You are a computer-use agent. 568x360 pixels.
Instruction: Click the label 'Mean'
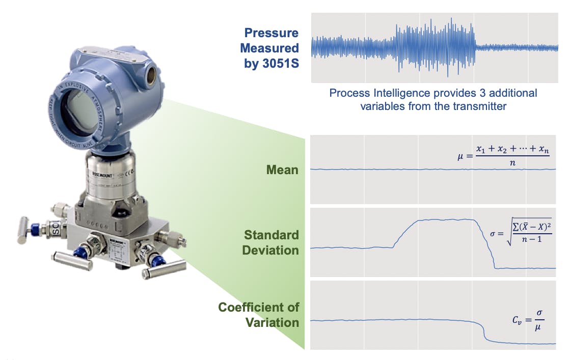[282, 170]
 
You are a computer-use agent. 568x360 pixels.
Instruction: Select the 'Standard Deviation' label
[271, 243]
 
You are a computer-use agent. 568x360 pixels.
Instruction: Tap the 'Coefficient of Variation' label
[258, 315]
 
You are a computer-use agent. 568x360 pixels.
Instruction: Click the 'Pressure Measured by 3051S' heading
[269, 48]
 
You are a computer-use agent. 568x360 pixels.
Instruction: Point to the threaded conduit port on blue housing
[152, 72]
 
